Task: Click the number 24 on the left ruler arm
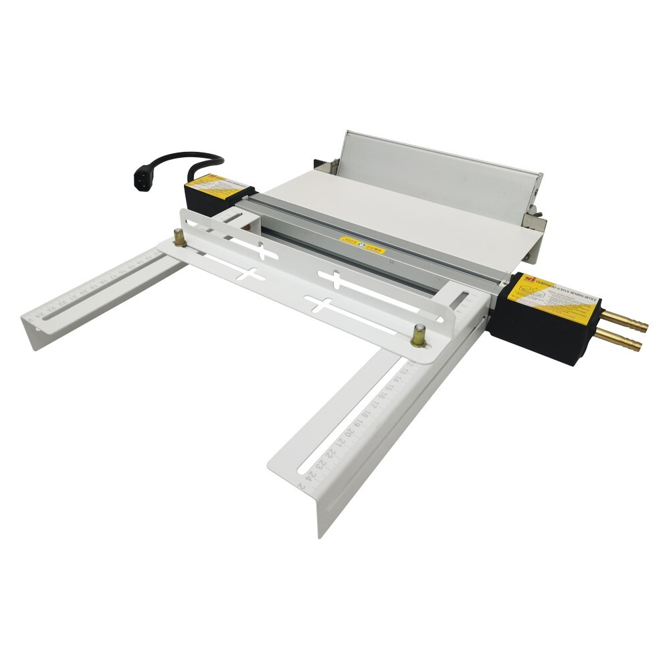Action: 40,309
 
